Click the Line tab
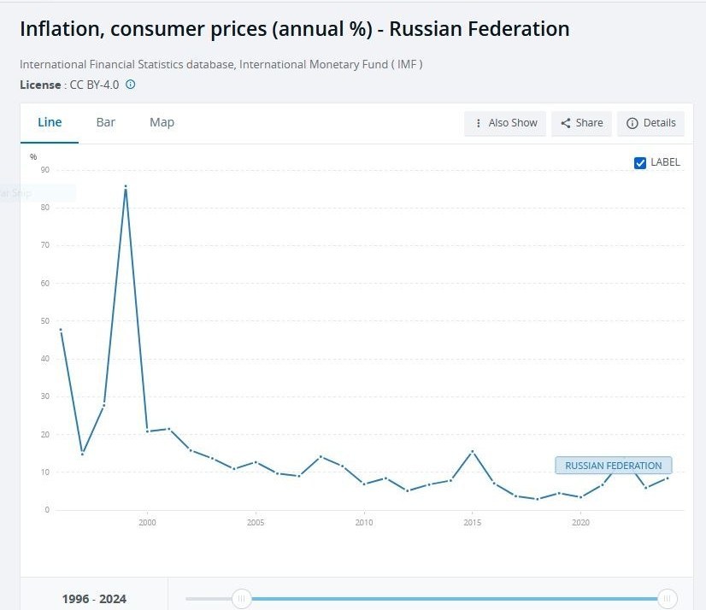click(x=50, y=122)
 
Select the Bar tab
click(x=106, y=122)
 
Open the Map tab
click(x=162, y=122)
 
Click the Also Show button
click(x=505, y=123)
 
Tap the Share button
click(x=581, y=123)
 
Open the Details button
click(x=650, y=123)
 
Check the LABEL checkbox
click(x=640, y=163)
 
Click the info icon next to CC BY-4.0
click(x=131, y=85)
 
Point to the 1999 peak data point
click(x=126, y=186)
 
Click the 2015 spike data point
click(x=472, y=451)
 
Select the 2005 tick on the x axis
click(x=256, y=522)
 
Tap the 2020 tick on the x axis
click(x=580, y=522)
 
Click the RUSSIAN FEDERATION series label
click(x=614, y=466)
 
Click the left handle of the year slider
click(x=242, y=599)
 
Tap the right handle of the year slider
click(x=667, y=599)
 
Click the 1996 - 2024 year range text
click(x=94, y=599)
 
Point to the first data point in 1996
click(x=61, y=329)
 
